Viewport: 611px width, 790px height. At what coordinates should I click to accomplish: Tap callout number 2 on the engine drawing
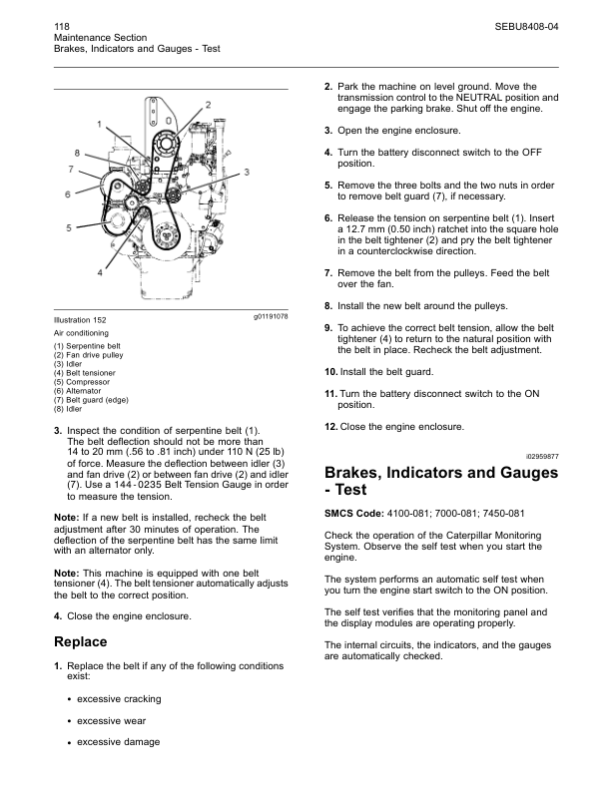click(208, 104)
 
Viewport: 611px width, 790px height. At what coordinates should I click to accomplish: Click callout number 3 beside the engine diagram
click(247, 173)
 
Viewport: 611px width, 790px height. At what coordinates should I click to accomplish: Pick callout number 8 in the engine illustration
click(76, 152)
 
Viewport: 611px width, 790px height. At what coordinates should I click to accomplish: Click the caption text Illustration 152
click(84, 319)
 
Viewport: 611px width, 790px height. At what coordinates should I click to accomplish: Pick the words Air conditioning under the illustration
click(81, 332)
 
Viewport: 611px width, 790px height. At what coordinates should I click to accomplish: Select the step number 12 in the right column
click(330, 427)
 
